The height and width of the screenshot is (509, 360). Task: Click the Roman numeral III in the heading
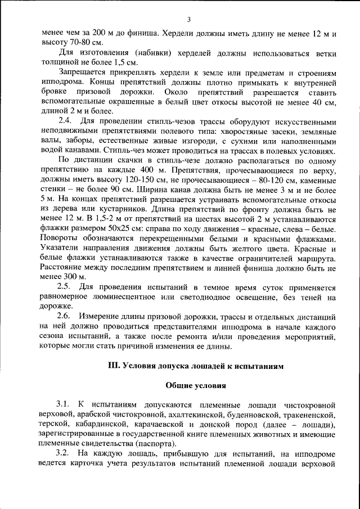tap(114, 365)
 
